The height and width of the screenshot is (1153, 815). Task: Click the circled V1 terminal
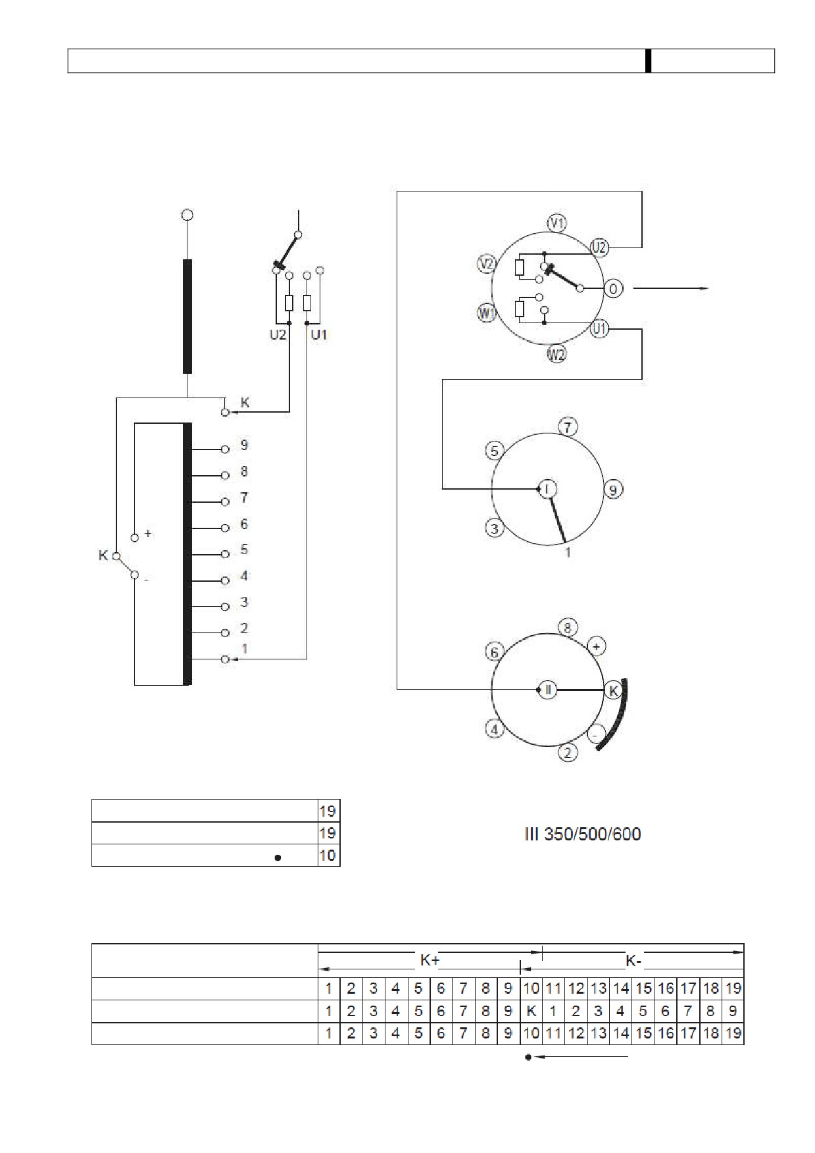pos(558,223)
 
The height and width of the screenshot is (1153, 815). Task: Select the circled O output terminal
pos(613,288)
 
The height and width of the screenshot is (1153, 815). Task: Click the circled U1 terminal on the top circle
pos(599,328)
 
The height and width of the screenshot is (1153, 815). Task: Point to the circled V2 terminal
pos(486,264)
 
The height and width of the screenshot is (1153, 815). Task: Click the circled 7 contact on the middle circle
pos(568,427)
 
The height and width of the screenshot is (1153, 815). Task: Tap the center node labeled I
pos(548,488)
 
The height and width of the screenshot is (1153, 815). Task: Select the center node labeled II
pos(548,690)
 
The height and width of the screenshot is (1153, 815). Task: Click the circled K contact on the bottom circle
pos(614,690)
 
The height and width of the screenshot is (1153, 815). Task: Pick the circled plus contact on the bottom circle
pos(596,646)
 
